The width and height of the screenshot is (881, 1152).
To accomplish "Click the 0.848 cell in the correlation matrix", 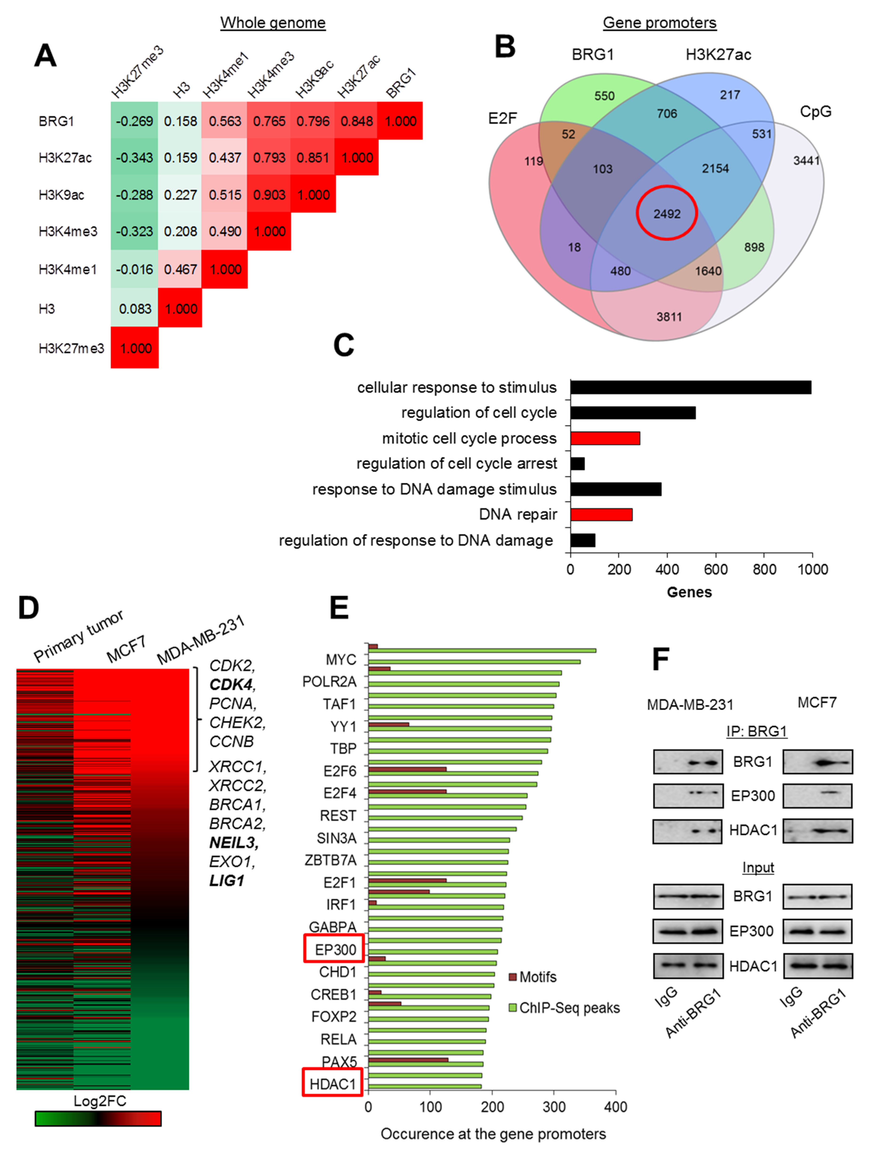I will coord(357,121).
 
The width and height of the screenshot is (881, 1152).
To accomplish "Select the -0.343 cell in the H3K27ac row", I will coord(134,158).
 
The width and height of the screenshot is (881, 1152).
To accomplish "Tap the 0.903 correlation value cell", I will coord(269,195).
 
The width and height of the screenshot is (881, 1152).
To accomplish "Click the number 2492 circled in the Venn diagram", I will coord(666,214).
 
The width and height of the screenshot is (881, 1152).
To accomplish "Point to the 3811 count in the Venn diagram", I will coord(669,317).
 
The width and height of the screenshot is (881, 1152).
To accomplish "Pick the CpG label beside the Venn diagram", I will coord(815,112).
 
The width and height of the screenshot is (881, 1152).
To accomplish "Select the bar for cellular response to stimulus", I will coord(691,387).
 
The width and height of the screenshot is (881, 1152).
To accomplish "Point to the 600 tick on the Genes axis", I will coord(715,570).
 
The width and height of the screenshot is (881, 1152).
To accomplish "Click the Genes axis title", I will coord(689,592).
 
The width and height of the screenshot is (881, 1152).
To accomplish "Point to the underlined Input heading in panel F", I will coord(758,867).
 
